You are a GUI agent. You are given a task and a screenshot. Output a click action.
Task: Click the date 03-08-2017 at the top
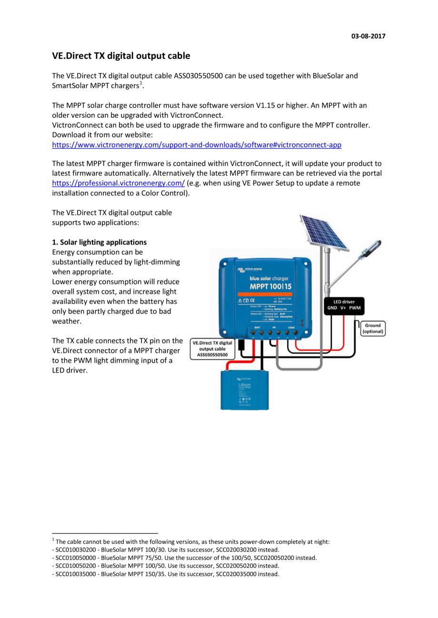[x=368, y=37]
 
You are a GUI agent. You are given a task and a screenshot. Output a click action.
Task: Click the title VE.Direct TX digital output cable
[x=121, y=56]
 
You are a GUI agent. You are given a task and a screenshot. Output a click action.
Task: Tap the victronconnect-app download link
[x=197, y=145]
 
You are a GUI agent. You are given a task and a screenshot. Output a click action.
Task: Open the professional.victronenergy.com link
[x=118, y=183]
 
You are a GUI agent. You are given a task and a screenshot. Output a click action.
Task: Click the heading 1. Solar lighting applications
[x=99, y=242]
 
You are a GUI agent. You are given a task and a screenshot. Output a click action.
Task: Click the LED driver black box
[x=344, y=305]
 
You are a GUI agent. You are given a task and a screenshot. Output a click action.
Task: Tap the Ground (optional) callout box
[x=372, y=328]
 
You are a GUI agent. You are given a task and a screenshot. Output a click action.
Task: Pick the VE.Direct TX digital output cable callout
[x=212, y=348]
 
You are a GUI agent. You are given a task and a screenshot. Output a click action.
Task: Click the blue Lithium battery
[x=244, y=389]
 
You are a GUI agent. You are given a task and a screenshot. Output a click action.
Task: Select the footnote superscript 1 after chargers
[x=141, y=84]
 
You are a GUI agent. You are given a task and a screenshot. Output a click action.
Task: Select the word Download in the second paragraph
[x=68, y=135]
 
